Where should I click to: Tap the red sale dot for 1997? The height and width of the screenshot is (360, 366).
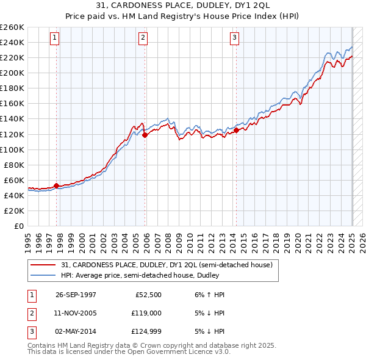(x=57, y=185)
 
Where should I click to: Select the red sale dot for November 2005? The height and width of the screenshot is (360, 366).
(x=145, y=135)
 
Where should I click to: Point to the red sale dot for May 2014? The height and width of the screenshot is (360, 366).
(x=236, y=130)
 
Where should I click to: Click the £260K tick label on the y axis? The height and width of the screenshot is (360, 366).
(x=12, y=27)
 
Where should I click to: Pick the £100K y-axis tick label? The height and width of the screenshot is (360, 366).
(x=12, y=149)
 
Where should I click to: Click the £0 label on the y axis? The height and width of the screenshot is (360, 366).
(x=18, y=226)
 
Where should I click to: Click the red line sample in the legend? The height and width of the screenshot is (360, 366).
(x=43, y=264)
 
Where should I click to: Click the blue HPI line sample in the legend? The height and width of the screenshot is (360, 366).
(x=43, y=275)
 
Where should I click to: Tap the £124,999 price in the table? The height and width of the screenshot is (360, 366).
(x=146, y=331)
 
